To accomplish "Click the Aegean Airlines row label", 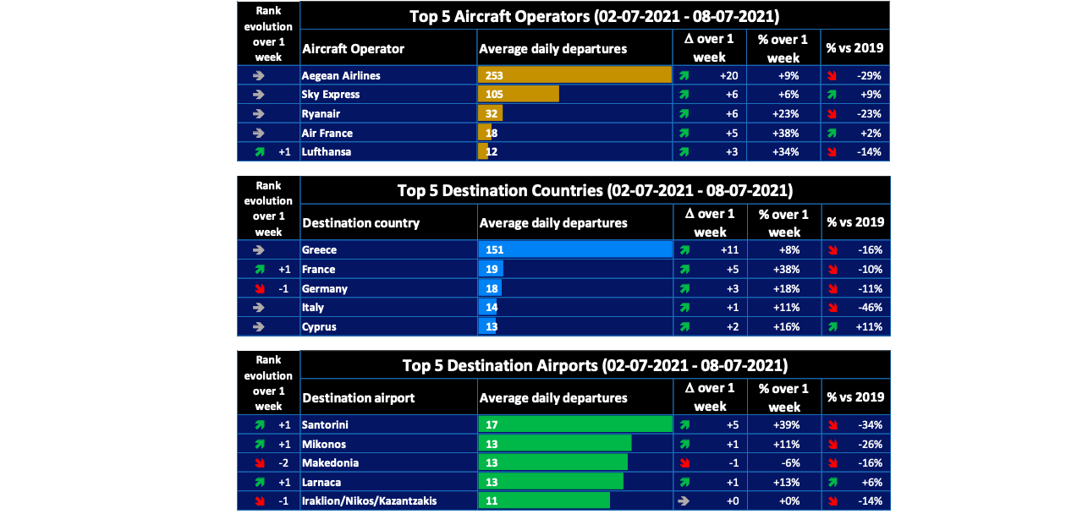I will (341, 75).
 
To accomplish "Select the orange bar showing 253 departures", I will (574, 75).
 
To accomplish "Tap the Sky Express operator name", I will (331, 95).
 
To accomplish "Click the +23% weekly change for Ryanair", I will (793, 114).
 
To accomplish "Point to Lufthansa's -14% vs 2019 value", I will (868, 152).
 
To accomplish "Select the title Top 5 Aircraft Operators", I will (594, 15).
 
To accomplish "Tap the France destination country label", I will (319, 270).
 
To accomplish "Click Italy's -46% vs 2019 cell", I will (868, 308).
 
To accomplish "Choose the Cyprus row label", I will (319, 327).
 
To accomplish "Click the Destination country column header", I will (360, 223).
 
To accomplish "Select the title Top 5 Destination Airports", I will (595, 365).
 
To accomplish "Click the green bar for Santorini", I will (574, 424).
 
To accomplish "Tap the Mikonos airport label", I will (324, 444).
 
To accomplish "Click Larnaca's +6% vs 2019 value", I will (871, 482).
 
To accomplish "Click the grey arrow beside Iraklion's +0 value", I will (683, 501).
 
